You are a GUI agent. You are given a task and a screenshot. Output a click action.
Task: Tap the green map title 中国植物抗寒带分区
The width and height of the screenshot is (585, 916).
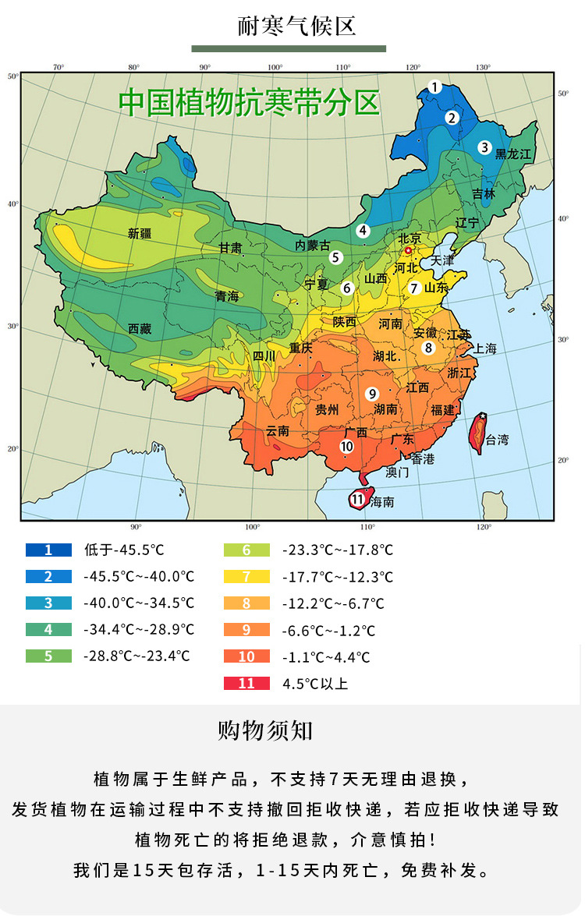[x=249, y=103]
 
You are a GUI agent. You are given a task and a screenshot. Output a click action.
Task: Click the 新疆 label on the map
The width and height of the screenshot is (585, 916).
[x=140, y=233]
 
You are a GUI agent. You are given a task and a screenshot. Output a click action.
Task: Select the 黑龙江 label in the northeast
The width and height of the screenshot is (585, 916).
[x=512, y=155]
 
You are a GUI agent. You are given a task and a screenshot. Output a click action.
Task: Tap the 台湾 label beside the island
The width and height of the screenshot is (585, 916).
[x=497, y=440]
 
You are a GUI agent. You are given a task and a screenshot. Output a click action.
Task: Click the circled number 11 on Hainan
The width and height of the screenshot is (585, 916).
[x=358, y=499]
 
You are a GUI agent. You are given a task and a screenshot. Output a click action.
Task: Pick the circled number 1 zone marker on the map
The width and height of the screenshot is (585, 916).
[x=435, y=87]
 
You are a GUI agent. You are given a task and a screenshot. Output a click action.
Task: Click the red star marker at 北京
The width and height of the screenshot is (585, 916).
[x=407, y=250]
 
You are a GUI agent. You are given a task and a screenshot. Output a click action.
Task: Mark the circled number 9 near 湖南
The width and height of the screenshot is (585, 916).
[x=373, y=393]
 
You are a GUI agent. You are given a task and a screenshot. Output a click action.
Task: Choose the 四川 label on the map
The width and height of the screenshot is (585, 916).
[x=264, y=356]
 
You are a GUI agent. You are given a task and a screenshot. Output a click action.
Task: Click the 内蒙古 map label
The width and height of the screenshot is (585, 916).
[x=312, y=245]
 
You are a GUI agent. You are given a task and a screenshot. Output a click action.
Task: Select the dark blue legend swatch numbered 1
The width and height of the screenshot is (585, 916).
[x=48, y=550]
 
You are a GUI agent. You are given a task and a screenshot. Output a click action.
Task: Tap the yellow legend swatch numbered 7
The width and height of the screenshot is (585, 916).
[x=246, y=577]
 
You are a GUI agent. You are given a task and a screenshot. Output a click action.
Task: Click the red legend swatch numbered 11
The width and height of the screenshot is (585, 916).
[x=246, y=683]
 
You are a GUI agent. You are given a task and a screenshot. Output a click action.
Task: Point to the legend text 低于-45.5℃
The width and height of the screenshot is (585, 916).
[x=124, y=550]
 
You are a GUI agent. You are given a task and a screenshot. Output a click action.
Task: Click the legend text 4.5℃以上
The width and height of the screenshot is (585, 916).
[x=315, y=684]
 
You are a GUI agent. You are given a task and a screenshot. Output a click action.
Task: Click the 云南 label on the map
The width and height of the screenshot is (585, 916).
[x=278, y=430]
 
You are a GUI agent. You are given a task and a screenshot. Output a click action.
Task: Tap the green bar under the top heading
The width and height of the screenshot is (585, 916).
[x=289, y=48]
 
